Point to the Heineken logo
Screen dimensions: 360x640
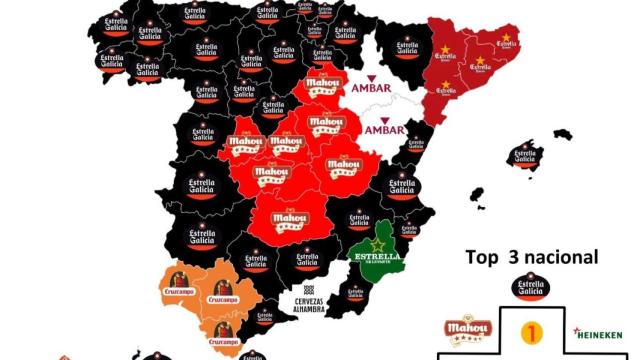(598, 334)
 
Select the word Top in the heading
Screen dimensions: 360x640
(482, 257)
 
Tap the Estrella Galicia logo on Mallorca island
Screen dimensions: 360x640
(524, 157)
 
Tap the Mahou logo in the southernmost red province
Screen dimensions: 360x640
(291, 216)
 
